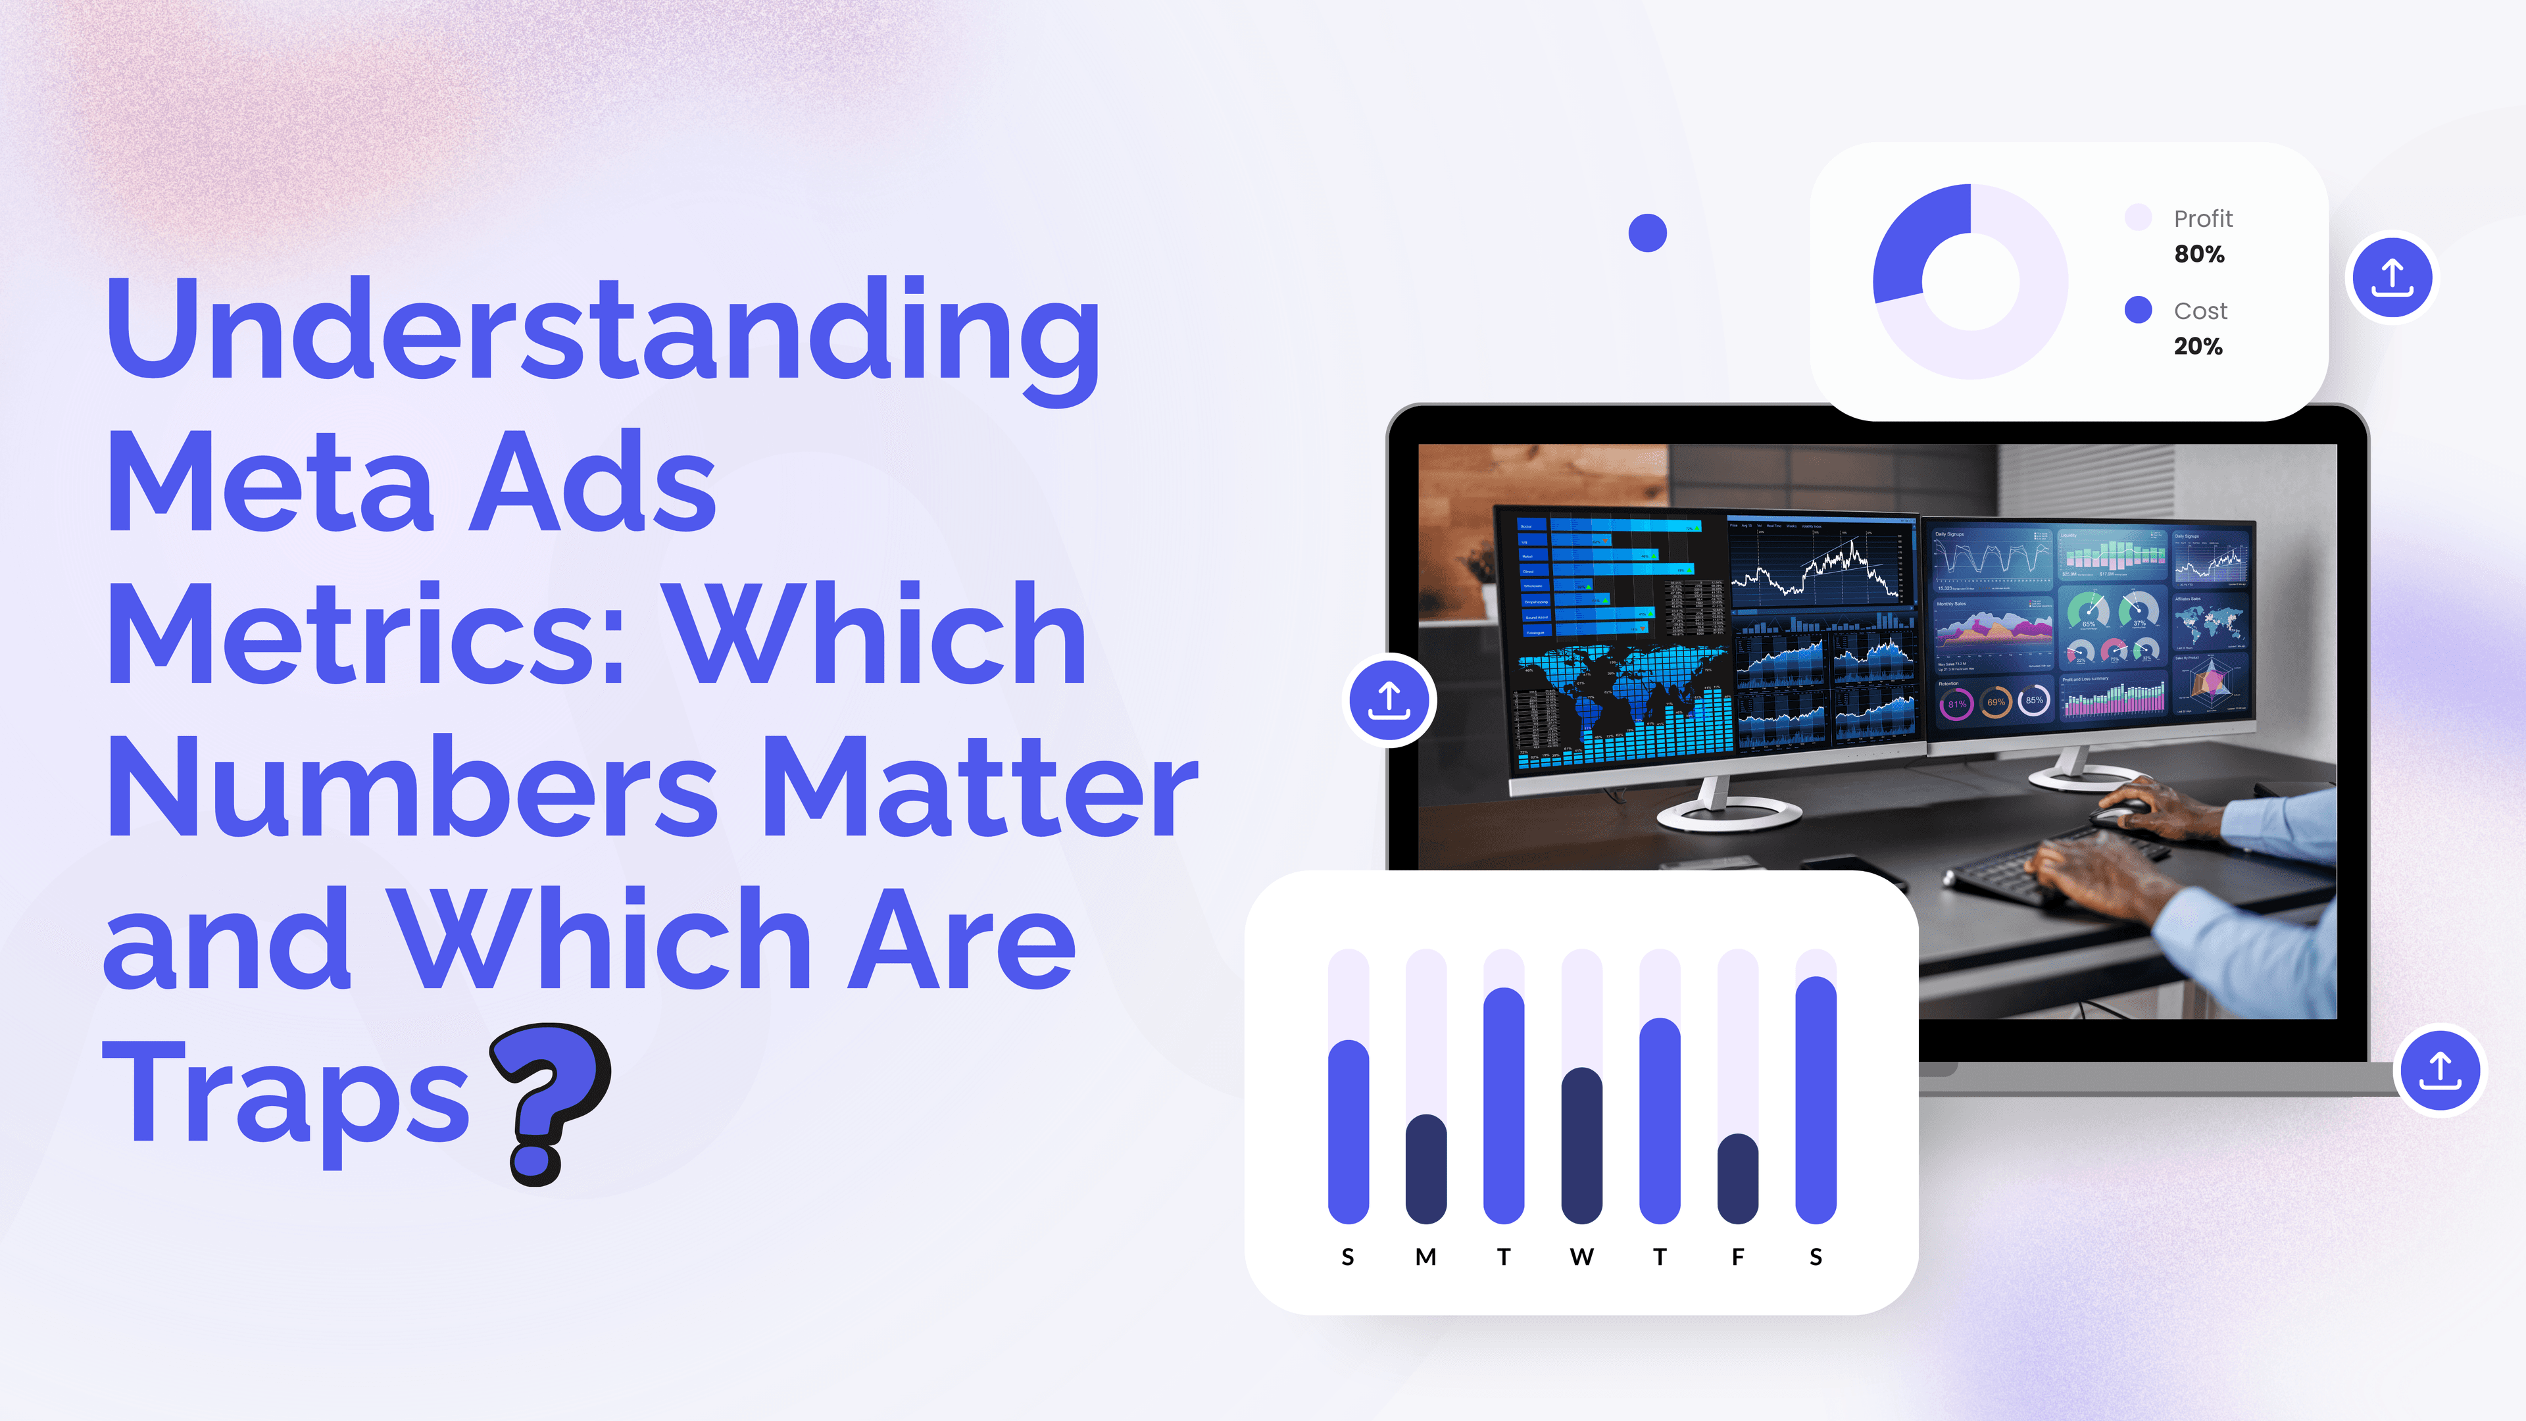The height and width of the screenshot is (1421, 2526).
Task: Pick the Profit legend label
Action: (2202, 218)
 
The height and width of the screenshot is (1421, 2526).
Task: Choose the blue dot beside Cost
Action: (2138, 310)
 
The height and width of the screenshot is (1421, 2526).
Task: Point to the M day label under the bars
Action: (1425, 1257)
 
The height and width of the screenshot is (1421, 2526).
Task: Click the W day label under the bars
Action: (1581, 1257)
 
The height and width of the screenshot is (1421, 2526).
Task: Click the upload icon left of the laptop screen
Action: (1389, 700)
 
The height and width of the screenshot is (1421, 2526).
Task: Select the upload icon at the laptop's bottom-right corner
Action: (2440, 1070)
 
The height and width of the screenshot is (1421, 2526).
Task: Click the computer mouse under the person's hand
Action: (2118, 811)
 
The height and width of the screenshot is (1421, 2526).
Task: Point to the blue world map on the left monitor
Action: (1618, 686)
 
